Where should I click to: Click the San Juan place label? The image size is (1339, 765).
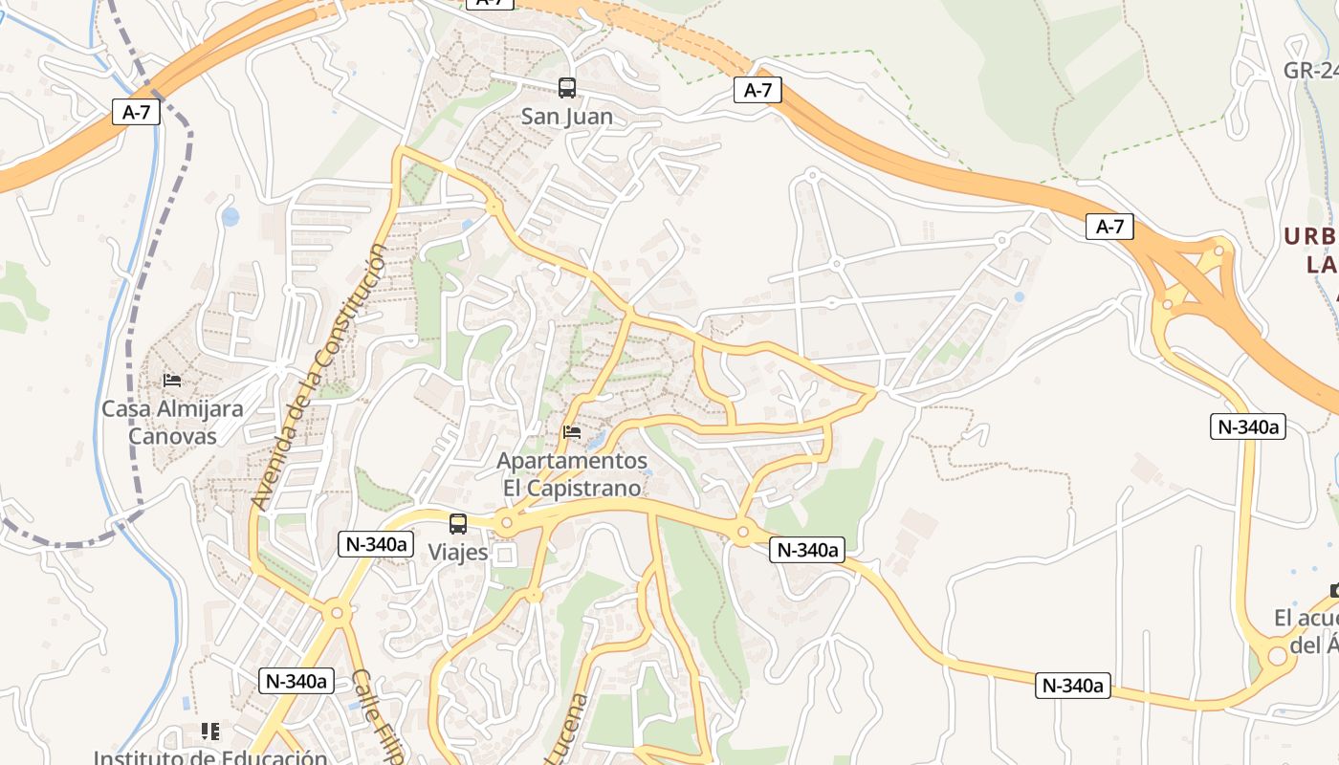pyautogui.click(x=567, y=117)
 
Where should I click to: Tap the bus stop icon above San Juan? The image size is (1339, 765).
pyautogui.click(x=567, y=88)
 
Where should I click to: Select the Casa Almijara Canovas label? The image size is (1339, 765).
pyautogui.click(x=173, y=422)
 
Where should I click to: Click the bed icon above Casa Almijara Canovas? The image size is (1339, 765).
pyautogui.click(x=172, y=381)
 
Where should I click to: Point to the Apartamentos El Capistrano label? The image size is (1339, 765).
pyautogui.click(x=572, y=473)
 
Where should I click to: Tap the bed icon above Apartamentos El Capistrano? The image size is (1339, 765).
pyautogui.click(x=572, y=432)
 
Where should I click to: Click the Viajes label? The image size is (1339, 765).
pyautogui.click(x=458, y=552)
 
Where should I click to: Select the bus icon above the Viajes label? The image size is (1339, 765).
pyautogui.click(x=458, y=523)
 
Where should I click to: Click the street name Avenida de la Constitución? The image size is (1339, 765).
pyautogui.click(x=320, y=376)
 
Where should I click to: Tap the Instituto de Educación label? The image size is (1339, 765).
pyautogui.click(x=210, y=757)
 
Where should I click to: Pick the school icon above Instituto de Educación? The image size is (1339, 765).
pyautogui.click(x=210, y=732)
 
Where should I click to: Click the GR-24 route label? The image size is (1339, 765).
pyautogui.click(x=1310, y=71)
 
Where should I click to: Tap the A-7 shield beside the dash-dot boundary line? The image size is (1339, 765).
pyautogui.click(x=137, y=112)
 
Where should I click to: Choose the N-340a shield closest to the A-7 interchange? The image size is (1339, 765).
pyautogui.click(x=1247, y=426)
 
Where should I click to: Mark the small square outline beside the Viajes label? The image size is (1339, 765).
pyautogui.click(x=503, y=555)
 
